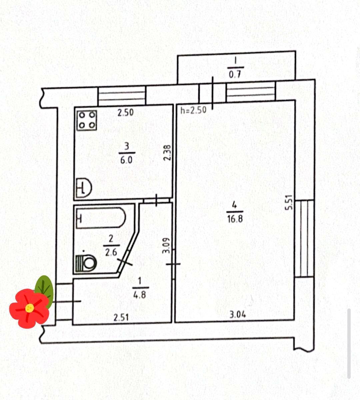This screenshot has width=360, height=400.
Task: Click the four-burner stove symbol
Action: [87, 120]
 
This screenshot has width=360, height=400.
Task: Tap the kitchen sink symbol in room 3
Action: [84, 188]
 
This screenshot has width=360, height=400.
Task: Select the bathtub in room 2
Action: [101, 218]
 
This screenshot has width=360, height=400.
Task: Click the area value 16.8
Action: [235, 219]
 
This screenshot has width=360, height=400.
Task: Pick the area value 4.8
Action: [140, 295]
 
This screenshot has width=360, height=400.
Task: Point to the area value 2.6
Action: [111, 253]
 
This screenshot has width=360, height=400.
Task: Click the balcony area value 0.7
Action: [235, 75]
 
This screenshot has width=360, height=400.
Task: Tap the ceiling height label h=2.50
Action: [193, 110]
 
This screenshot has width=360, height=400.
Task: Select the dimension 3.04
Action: [238, 315]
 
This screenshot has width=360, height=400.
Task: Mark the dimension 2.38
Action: [167, 153]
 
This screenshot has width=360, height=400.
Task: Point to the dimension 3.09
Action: [166, 245]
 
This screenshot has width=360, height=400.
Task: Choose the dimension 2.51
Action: [121, 317]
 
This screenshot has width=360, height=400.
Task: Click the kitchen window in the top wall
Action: [122, 96]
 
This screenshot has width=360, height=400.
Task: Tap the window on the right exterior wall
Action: [304, 238]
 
